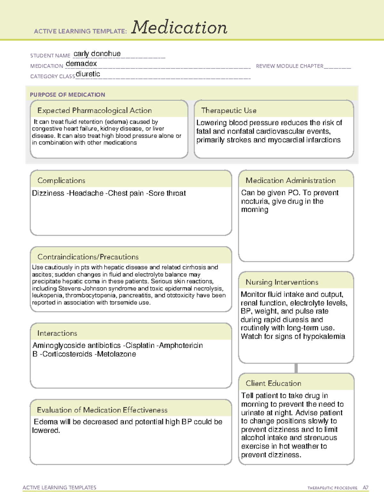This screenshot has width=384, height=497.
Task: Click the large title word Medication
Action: (x=179, y=28)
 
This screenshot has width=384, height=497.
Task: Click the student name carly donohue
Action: (x=97, y=54)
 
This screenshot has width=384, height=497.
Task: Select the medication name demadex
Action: (x=81, y=64)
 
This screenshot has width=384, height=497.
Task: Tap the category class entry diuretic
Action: (x=88, y=74)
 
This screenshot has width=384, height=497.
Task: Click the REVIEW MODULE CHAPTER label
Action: (x=289, y=66)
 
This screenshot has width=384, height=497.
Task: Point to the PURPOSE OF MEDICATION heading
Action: (x=68, y=95)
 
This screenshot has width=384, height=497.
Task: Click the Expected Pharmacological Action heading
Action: (x=94, y=110)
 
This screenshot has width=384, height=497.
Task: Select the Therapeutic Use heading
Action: (x=229, y=110)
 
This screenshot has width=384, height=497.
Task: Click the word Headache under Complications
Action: (x=86, y=193)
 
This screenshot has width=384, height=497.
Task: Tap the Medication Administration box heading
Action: (x=291, y=180)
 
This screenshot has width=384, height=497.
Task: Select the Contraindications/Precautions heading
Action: (x=88, y=257)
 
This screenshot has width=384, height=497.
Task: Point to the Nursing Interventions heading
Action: (x=282, y=282)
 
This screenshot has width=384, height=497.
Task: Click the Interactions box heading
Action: (x=57, y=333)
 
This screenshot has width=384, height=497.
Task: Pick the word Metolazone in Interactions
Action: (x=116, y=354)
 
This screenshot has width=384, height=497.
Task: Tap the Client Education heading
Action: (x=273, y=383)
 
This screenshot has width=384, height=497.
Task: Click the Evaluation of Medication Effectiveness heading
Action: (x=102, y=410)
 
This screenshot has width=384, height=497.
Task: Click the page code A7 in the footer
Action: (x=365, y=488)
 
